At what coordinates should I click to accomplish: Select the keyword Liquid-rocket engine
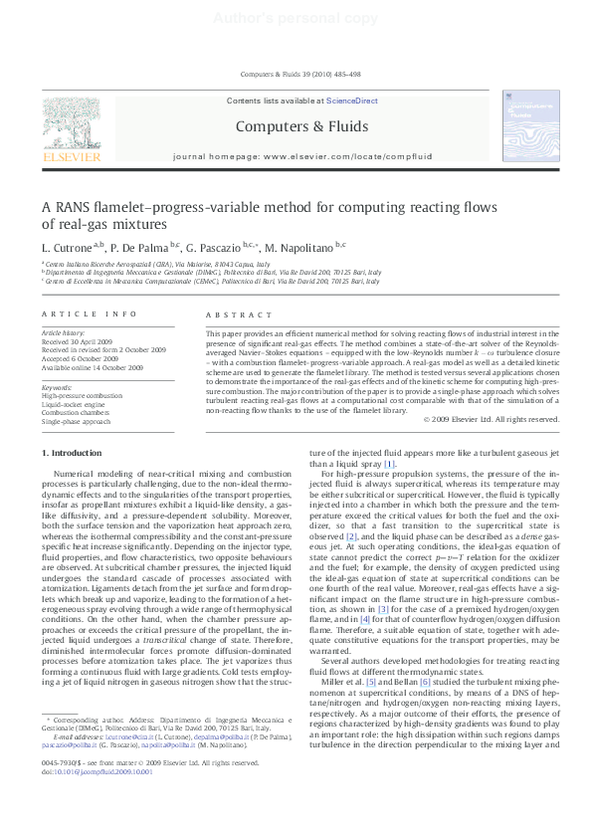73,406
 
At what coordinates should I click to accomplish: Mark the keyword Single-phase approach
76,422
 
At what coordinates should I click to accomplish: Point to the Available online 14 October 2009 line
93,368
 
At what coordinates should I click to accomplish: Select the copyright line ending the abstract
491,420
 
